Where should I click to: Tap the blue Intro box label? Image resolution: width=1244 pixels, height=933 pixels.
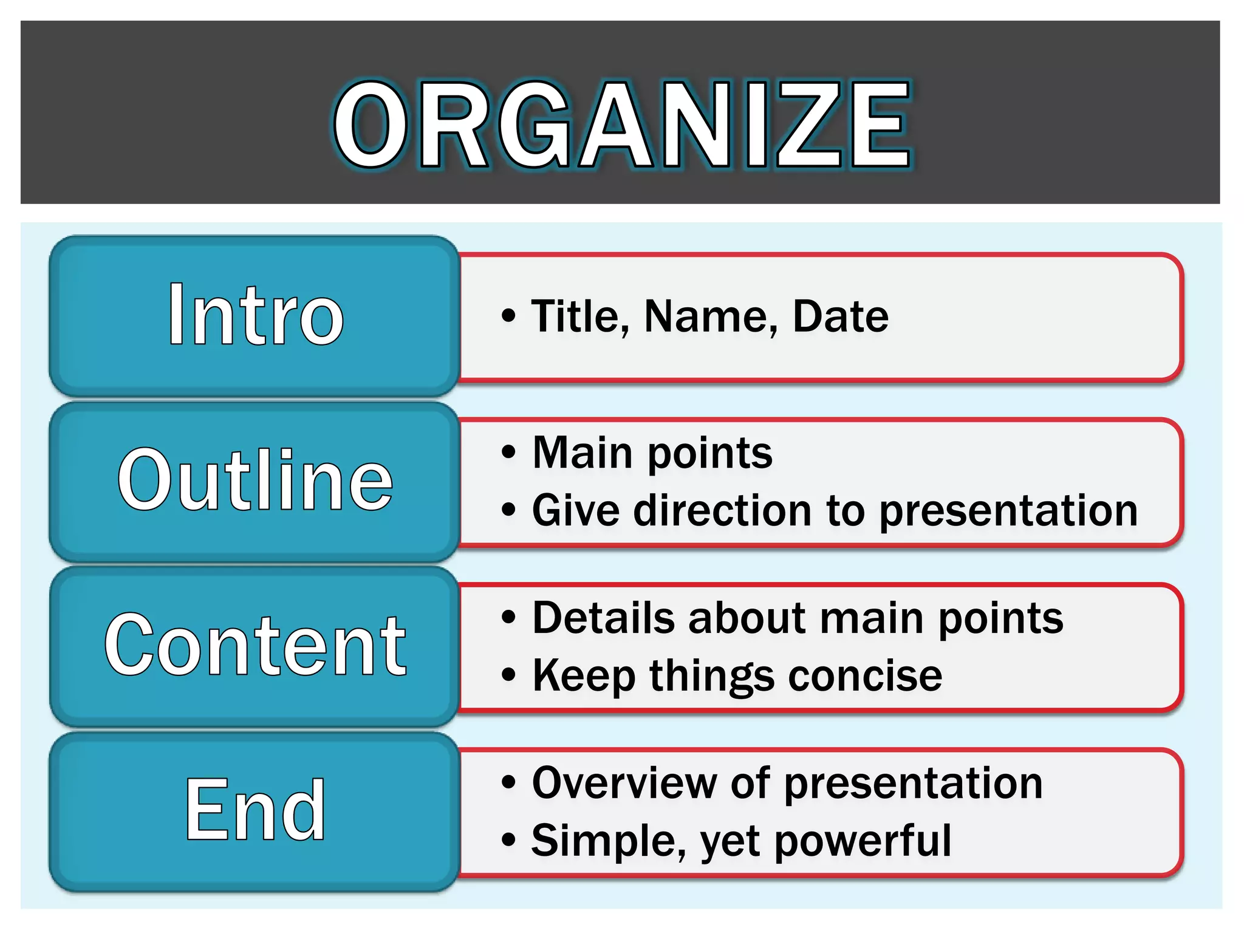(x=255, y=316)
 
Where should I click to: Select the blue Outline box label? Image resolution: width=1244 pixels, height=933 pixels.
(x=255, y=480)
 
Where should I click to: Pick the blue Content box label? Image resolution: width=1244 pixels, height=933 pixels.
(x=255, y=645)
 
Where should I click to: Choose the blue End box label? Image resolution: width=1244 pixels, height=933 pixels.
(x=255, y=810)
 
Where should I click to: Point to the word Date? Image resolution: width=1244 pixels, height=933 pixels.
(x=840, y=316)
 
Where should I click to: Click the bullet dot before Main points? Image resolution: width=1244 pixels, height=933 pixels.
(x=508, y=453)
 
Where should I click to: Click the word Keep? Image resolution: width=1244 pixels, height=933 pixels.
(x=584, y=675)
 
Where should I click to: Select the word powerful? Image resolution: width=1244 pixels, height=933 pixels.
(x=863, y=841)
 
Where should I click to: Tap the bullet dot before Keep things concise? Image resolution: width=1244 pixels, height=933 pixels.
(x=508, y=675)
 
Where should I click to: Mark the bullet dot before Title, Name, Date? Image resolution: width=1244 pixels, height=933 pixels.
(x=508, y=315)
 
